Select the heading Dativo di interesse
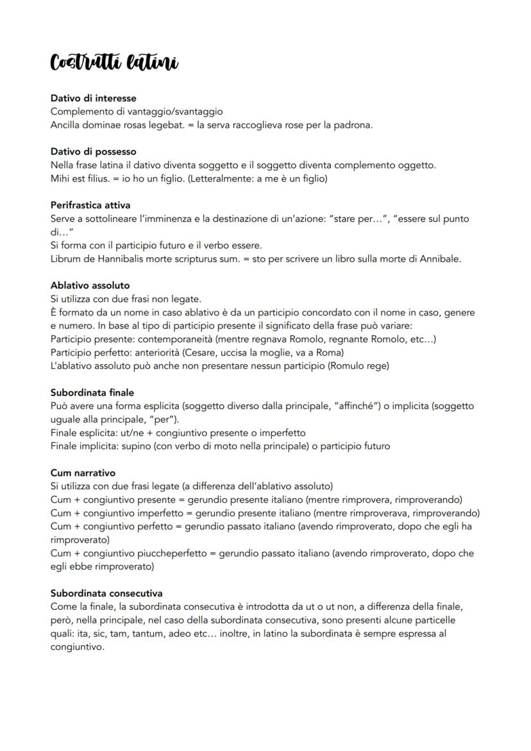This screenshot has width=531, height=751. coord(93,98)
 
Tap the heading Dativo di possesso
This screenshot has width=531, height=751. coord(93,152)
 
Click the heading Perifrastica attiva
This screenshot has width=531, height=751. coord(90,205)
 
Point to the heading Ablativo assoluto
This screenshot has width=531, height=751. coord(90,285)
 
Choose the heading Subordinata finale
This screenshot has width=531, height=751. coord(92,392)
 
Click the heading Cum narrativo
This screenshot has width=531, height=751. coord(83,473)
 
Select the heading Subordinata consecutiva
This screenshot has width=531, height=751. coord(106,593)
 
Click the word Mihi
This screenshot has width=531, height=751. coord(61,178)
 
